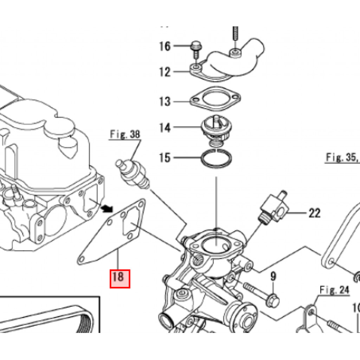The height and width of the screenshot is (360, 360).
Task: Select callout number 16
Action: tap(165, 46)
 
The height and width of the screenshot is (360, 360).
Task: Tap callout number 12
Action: tap(165, 72)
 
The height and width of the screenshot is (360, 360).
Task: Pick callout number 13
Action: tap(165, 102)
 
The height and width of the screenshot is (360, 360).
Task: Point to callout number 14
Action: tap(165, 127)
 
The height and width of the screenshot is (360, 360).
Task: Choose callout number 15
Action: tap(165, 157)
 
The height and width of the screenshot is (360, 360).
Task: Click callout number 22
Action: tap(315, 213)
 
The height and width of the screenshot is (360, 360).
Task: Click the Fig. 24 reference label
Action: tap(334, 290)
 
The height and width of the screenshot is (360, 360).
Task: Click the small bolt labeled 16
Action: tap(195, 49)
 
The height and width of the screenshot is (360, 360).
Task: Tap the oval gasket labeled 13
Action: tap(215, 99)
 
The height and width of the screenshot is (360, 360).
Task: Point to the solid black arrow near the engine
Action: tap(104, 208)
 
